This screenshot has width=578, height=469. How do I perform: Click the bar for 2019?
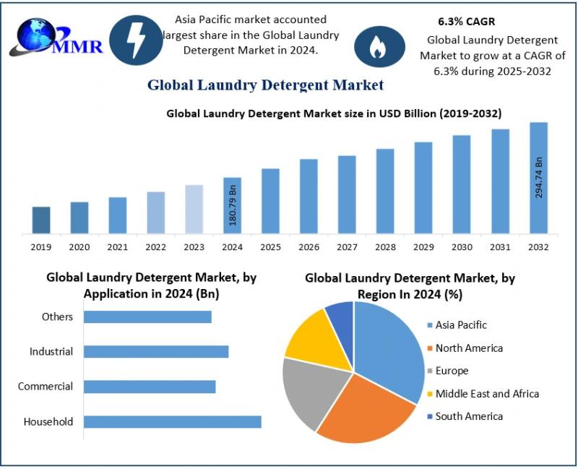(41, 220)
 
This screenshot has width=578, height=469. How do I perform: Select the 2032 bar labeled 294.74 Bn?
(538, 178)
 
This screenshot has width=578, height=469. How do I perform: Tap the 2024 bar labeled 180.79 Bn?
(232, 205)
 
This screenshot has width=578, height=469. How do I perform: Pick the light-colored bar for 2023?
(194, 210)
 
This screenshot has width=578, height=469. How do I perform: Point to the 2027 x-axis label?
(347, 247)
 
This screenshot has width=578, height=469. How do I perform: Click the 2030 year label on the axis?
(462, 247)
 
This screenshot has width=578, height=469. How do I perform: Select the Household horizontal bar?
(172, 421)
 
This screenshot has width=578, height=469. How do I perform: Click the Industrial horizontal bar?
(156, 351)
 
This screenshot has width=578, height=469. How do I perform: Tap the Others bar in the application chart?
(147, 317)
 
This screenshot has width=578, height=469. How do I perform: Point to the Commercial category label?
(46, 387)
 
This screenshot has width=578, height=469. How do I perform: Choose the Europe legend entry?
(452, 371)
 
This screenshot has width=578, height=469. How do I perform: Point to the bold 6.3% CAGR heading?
(467, 22)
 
